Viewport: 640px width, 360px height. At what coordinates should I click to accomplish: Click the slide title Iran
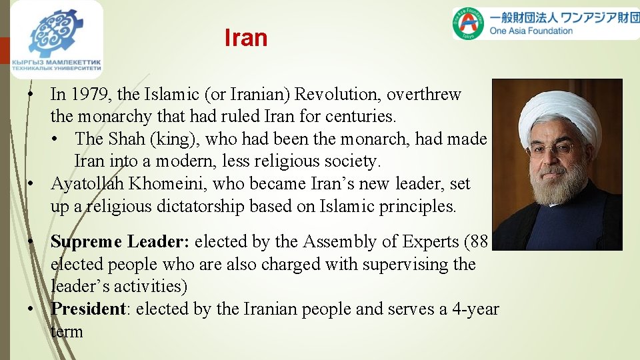click(x=246, y=38)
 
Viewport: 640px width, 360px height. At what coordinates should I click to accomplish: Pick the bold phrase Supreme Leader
click(x=119, y=241)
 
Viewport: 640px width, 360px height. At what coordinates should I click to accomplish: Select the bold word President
click(x=89, y=309)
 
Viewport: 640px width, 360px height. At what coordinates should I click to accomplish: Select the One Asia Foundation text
click(x=531, y=31)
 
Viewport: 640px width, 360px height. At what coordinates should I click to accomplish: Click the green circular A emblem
click(x=469, y=23)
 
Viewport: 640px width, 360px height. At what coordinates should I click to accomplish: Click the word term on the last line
click(x=67, y=331)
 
